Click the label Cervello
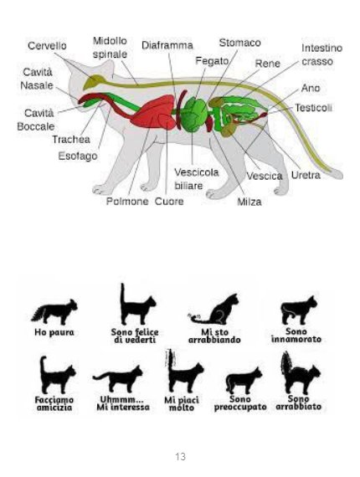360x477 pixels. (47, 46)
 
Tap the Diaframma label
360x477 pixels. (167, 46)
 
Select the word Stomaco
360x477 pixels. (239, 43)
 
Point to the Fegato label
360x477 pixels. (212, 61)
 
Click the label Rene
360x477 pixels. (267, 64)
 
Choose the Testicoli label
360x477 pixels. (313, 108)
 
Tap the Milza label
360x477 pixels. (249, 202)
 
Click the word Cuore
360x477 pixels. (169, 202)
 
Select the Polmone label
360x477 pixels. (127, 202)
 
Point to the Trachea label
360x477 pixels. (71, 140)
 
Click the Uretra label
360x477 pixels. (306, 175)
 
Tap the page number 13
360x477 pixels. (180, 457)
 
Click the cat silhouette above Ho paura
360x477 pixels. (54, 312)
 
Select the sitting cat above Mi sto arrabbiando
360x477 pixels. (213, 310)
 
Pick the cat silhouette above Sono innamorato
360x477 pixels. (299, 310)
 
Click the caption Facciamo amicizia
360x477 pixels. (54, 403)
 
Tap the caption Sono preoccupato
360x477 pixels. (240, 403)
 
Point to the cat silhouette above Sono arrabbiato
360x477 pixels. (300, 373)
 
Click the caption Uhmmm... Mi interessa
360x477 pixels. (123, 403)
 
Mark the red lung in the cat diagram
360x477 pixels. (153, 111)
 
